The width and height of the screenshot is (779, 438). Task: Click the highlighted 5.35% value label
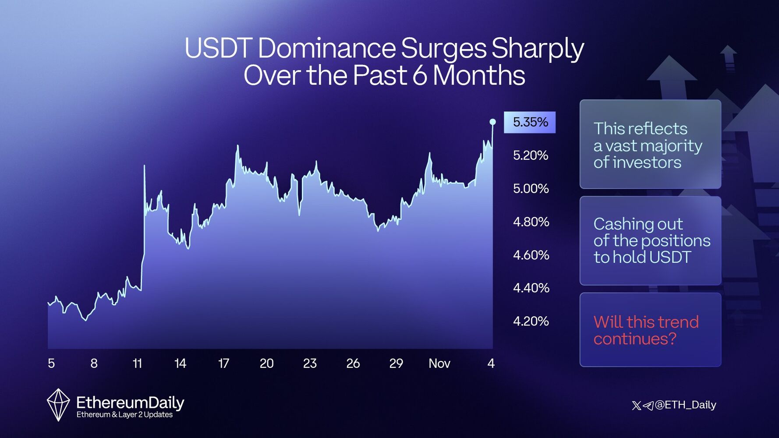(530, 122)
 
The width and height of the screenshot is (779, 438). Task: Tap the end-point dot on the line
(492, 122)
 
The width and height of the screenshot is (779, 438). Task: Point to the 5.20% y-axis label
(531, 155)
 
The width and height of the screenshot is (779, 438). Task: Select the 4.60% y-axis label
(531, 255)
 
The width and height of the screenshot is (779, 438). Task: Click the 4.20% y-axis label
(531, 321)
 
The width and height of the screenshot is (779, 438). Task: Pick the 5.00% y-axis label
(531, 189)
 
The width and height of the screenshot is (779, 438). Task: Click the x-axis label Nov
(439, 364)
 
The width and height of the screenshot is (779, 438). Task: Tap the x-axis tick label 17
(223, 364)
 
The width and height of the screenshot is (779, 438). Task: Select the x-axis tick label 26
(353, 364)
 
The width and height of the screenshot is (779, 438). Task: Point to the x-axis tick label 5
(51, 364)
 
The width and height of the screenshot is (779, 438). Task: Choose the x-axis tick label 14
(180, 364)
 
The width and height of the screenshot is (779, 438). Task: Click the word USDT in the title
(218, 48)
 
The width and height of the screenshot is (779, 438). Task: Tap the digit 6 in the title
(419, 76)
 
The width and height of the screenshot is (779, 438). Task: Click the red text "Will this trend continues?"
(646, 330)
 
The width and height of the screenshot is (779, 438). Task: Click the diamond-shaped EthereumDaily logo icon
(58, 405)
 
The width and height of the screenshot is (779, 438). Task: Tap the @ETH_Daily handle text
(686, 405)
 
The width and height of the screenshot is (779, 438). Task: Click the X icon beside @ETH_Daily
(637, 406)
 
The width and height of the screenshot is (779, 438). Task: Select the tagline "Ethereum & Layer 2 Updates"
(124, 415)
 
